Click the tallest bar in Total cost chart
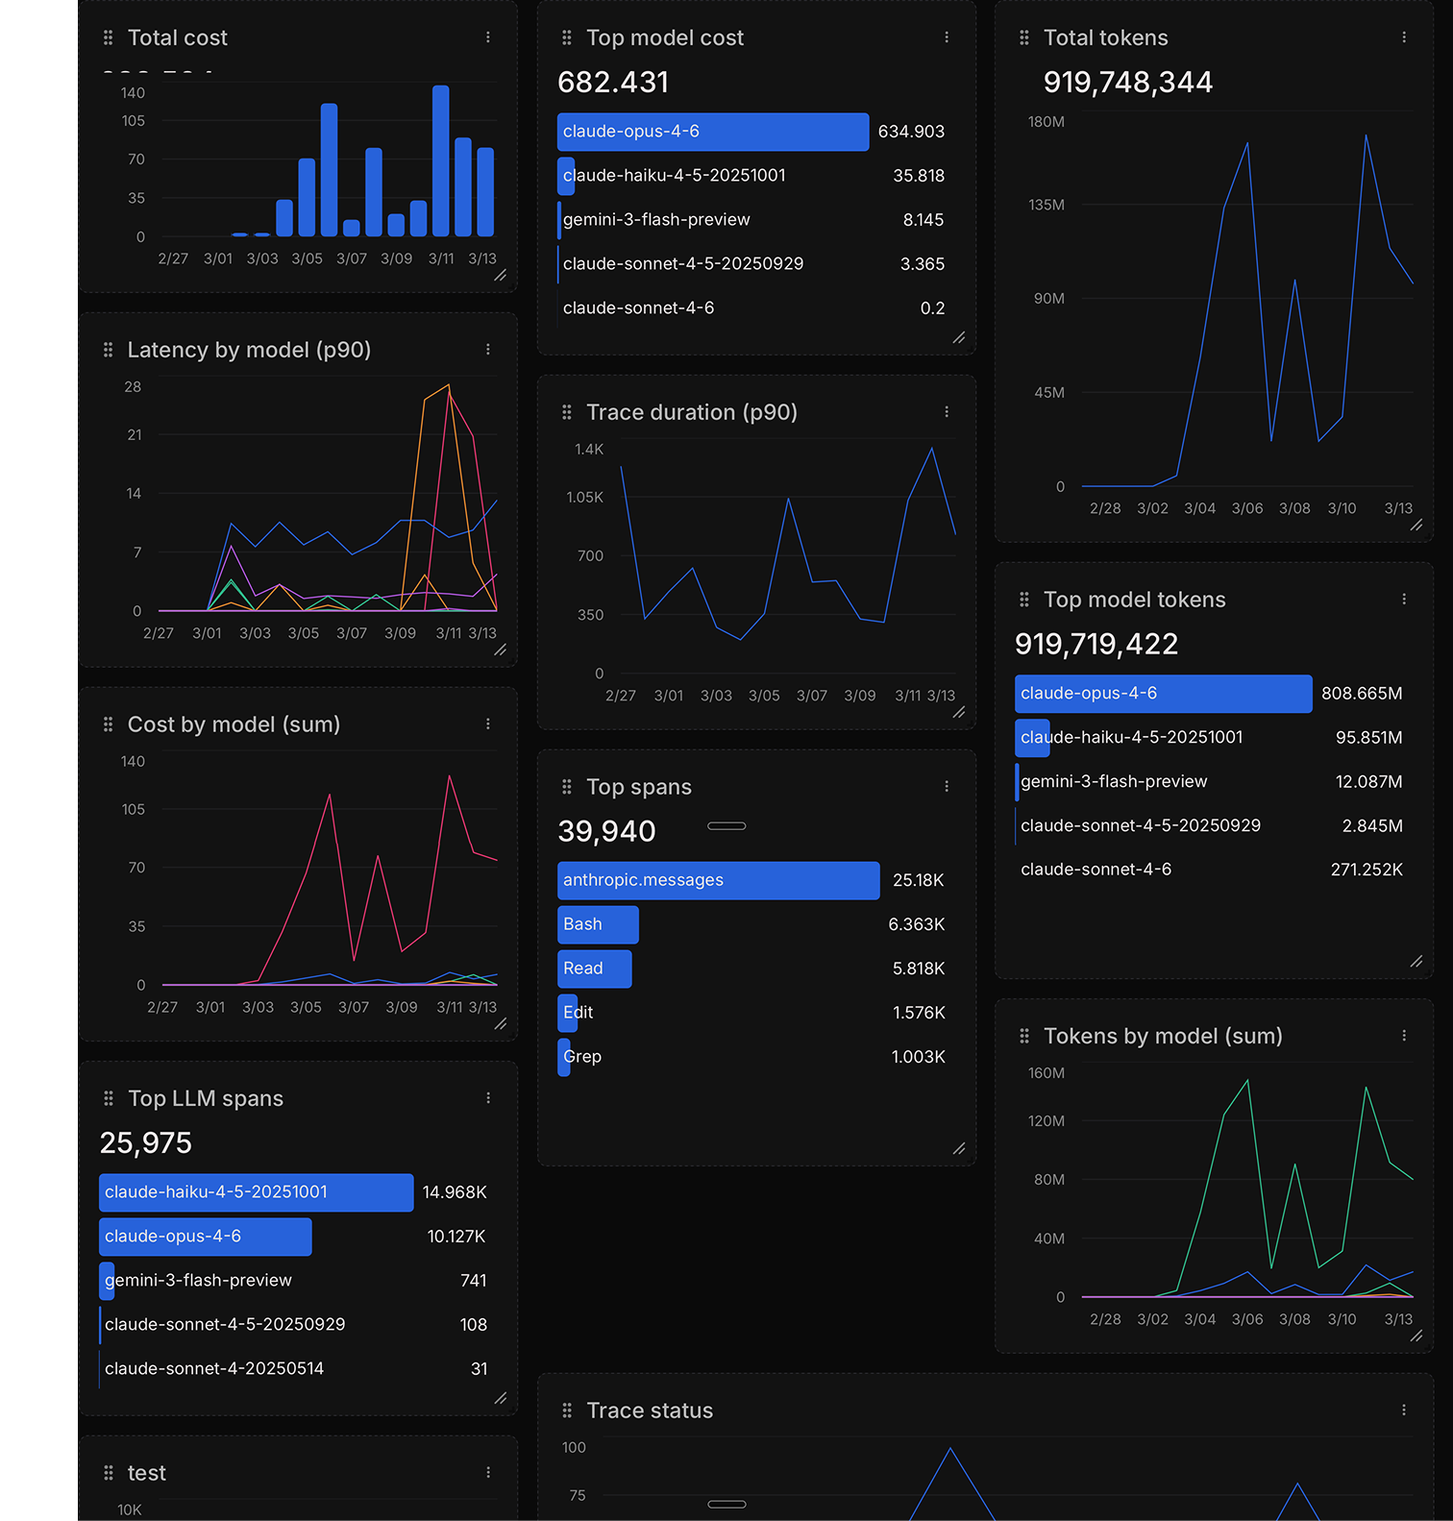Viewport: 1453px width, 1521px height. (440, 160)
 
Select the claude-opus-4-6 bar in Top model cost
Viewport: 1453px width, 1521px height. (712, 132)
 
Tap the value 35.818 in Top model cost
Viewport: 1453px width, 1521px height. (918, 176)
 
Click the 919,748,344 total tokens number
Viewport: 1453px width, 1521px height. (1127, 83)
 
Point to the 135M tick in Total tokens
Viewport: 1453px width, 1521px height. (1046, 205)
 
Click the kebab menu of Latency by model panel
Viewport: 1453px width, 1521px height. (488, 350)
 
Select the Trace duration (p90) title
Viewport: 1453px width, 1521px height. (691, 412)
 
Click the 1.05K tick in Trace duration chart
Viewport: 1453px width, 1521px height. (584, 498)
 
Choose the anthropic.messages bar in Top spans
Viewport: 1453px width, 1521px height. (717, 880)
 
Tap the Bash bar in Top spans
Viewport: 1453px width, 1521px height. (597, 924)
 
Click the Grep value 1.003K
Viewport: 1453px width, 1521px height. (918, 1057)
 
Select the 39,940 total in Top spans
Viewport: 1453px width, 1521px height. (606, 831)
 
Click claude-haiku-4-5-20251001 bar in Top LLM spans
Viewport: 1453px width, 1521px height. (256, 1192)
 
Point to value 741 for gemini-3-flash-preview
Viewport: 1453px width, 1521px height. (473, 1281)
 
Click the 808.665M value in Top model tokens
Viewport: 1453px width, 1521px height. (1361, 694)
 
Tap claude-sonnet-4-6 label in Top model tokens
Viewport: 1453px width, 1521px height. (1096, 870)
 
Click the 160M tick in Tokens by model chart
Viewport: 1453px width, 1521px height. (1046, 1073)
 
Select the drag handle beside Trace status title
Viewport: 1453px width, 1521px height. (567, 1411)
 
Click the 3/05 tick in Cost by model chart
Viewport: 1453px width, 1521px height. (306, 1007)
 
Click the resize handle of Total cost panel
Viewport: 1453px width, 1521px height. (501, 276)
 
